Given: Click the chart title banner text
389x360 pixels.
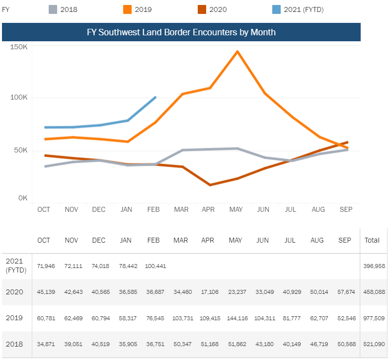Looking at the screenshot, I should [181, 32].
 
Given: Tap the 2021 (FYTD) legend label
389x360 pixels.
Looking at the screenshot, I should [304, 9].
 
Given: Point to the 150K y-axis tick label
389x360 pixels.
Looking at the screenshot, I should [18, 47].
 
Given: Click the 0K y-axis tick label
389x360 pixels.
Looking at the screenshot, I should [23, 198].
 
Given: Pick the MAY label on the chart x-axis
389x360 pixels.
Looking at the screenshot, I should [235, 210].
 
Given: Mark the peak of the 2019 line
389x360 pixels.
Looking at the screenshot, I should [237, 51].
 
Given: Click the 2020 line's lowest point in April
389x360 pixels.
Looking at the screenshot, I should [210, 185].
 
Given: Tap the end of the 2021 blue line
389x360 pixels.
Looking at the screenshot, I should [156, 97].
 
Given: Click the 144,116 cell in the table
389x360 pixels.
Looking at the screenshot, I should [235, 318].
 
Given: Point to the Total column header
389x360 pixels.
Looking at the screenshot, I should [372, 240].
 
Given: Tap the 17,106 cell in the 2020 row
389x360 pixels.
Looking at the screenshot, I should [208, 292].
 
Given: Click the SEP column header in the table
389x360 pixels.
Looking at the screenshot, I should [345, 240].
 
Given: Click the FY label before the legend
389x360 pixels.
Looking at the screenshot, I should [6, 9].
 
